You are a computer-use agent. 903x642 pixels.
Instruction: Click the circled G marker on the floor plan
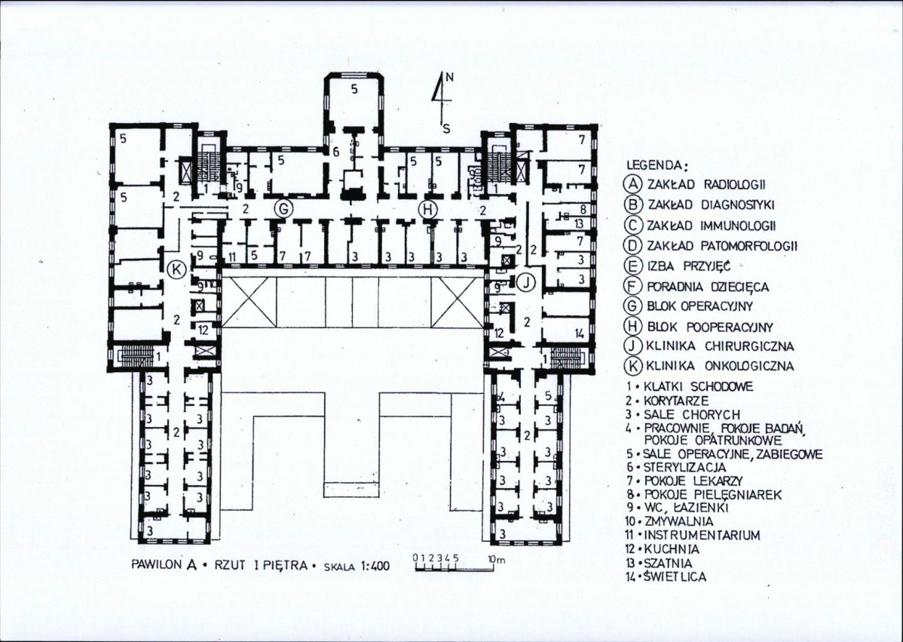(x=283, y=209)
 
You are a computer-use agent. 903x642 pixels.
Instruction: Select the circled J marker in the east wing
(x=526, y=282)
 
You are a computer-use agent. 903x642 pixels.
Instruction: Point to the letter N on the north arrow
(x=449, y=79)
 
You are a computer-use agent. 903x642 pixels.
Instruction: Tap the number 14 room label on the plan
(x=580, y=333)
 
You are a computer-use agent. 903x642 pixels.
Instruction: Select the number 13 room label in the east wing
(x=580, y=223)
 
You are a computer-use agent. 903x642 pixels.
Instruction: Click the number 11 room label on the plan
(x=233, y=257)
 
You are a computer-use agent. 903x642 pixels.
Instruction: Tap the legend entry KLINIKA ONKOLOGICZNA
(x=720, y=366)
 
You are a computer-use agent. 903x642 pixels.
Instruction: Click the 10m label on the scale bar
(x=496, y=558)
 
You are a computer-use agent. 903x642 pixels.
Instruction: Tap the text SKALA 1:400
(x=357, y=566)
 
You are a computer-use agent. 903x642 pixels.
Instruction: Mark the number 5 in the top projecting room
(x=354, y=89)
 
